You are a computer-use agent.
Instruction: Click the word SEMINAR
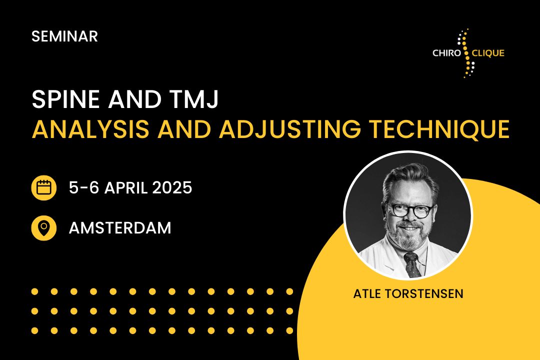point(64,36)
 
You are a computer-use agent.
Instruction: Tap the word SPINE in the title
point(66,99)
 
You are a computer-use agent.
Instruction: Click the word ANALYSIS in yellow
point(90,129)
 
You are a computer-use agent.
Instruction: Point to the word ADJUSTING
point(290,129)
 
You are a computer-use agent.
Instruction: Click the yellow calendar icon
point(43,188)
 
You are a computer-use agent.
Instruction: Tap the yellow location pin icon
point(43,227)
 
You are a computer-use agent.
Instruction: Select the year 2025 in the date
point(172,188)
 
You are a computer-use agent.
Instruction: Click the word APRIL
point(125,188)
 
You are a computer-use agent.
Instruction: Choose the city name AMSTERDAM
point(120,227)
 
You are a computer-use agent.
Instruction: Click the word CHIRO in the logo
point(446,53)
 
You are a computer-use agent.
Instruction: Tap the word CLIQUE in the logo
point(488,53)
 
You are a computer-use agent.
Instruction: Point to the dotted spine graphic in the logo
point(466,53)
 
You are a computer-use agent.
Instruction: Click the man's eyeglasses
point(410,210)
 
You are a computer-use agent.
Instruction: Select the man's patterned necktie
point(412,264)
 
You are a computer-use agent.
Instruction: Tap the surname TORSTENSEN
point(424,294)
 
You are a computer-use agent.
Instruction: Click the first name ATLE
point(367,294)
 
